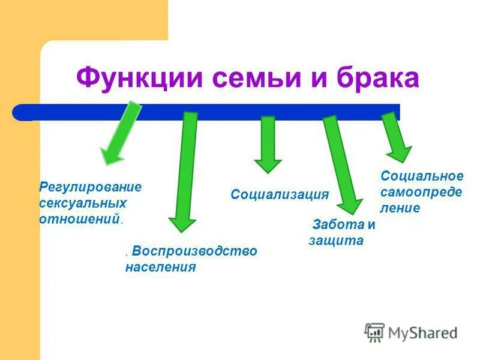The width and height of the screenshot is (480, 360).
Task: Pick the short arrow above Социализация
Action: pyautogui.click(x=268, y=144)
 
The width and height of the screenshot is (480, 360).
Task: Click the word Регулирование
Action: pyautogui.click(x=91, y=187)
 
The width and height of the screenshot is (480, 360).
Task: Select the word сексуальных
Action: pyautogui.click(x=83, y=203)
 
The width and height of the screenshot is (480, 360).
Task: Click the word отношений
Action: pyautogui.click(x=79, y=219)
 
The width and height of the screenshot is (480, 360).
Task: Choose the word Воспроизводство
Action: pyautogui.click(x=195, y=250)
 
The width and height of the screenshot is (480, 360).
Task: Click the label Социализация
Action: pyautogui.click(x=280, y=194)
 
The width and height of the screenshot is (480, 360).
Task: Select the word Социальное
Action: pyautogui.click(x=422, y=176)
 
